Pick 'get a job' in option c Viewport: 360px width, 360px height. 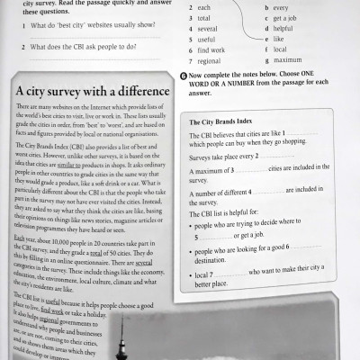[286, 17]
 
